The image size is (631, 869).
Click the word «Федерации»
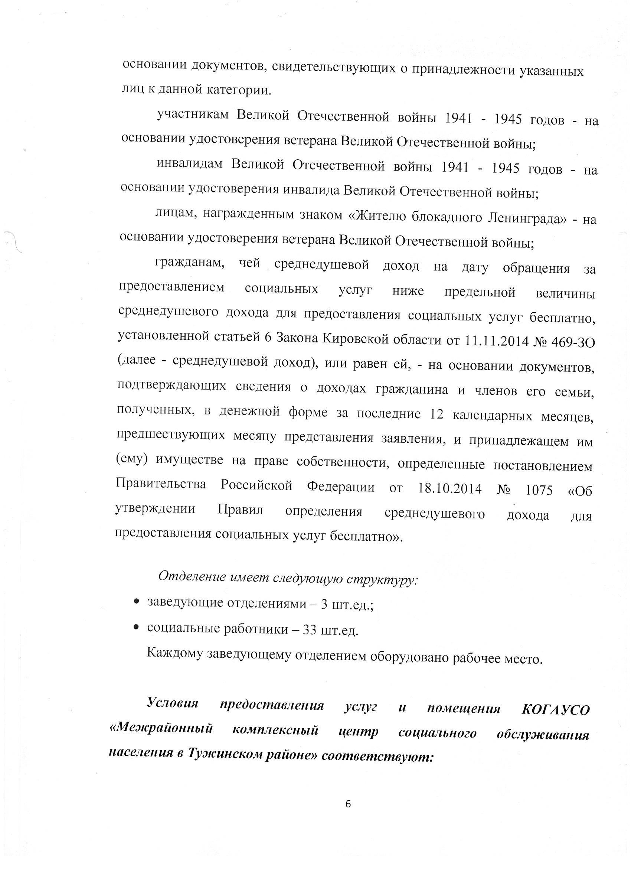click(340, 487)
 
